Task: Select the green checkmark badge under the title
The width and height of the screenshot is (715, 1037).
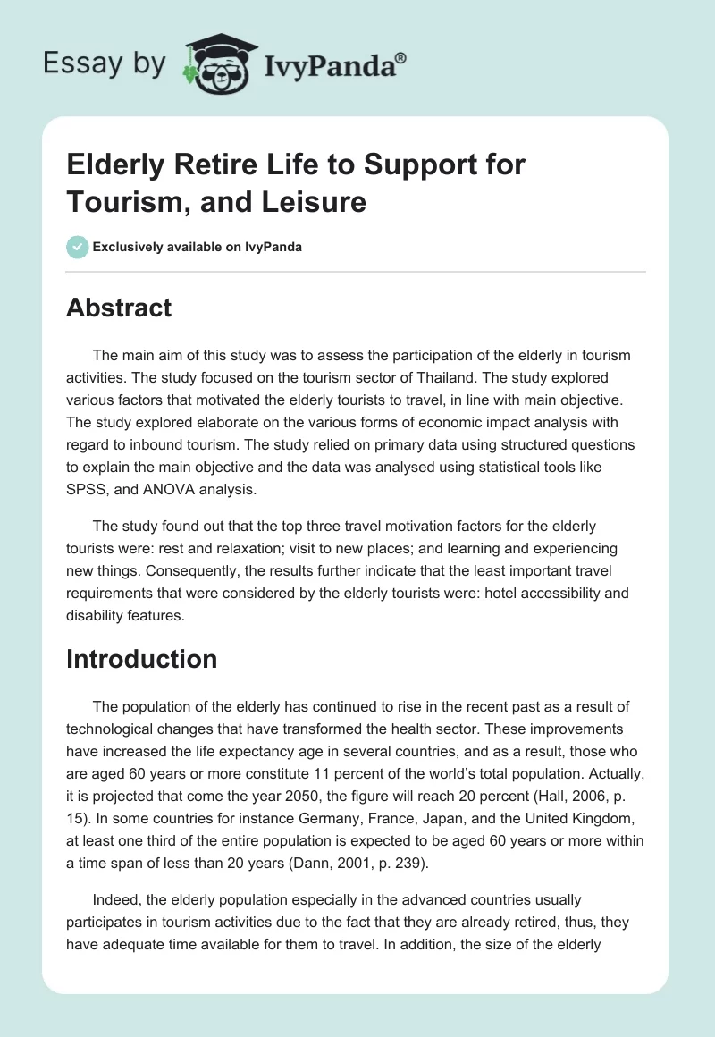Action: click(x=78, y=247)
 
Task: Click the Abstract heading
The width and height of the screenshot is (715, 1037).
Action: click(x=119, y=308)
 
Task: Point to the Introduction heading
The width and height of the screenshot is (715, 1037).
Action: click(x=142, y=659)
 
